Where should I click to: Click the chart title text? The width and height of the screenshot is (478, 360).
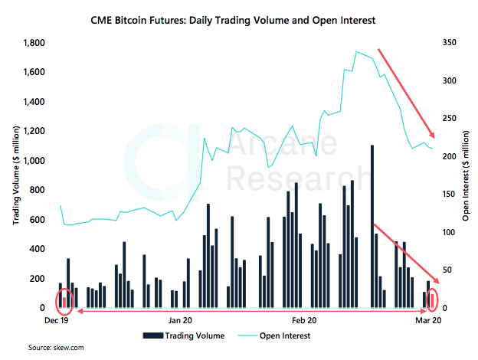239,20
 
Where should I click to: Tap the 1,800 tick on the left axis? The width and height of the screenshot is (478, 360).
34,43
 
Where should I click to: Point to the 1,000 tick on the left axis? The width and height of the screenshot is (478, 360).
34,161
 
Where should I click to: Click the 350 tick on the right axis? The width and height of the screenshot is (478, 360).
450,43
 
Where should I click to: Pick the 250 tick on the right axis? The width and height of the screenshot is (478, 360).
450,119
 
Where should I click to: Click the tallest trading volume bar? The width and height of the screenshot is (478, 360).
372,226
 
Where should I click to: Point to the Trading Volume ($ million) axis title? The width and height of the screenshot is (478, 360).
15,175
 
